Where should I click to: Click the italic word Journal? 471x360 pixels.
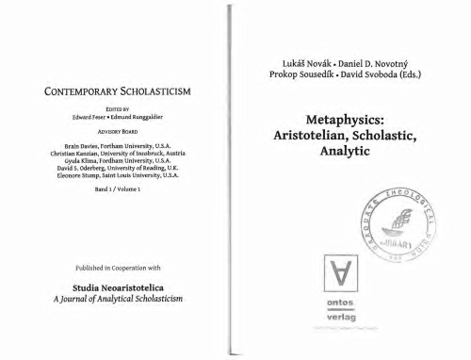pos(82,298)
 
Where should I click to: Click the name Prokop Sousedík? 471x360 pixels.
pos(299,74)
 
